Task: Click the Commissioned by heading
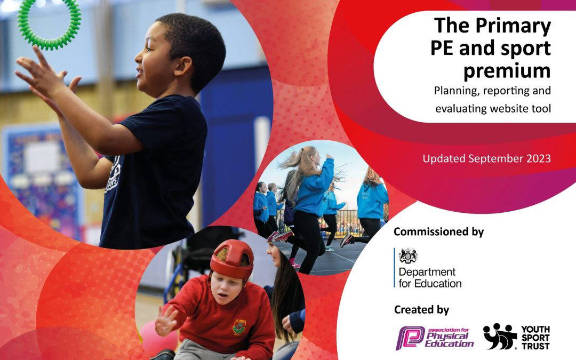pyautogui.click(x=438, y=232)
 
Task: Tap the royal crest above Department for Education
pyautogui.click(x=408, y=255)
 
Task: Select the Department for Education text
pyautogui.click(x=430, y=278)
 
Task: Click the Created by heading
pyautogui.click(x=421, y=310)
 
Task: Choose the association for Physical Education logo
pyautogui.click(x=435, y=338)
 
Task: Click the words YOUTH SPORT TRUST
pyautogui.click(x=535, y=337)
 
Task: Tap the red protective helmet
pyautogui.click(x=232, y=259)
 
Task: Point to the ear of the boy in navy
pyautogui.click(x=183, y=66)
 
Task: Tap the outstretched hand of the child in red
pyautogui.click(x=166, y=321)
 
